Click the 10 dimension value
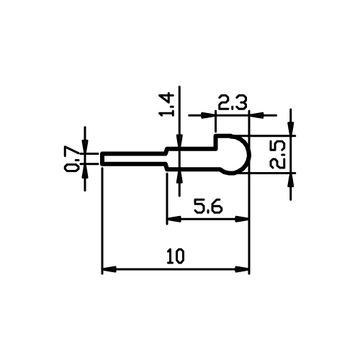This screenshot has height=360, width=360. coord(176,256)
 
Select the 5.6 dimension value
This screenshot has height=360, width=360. coord(208,207)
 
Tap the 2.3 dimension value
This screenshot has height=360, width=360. coord(232,103)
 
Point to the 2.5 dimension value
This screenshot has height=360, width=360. coord(278,155)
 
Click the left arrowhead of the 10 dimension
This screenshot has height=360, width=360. coord(109,269)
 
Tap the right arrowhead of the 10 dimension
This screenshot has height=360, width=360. coord(242,269)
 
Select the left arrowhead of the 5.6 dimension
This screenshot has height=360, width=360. coord(174,219)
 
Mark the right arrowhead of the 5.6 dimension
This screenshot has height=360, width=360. coord(242,219)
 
